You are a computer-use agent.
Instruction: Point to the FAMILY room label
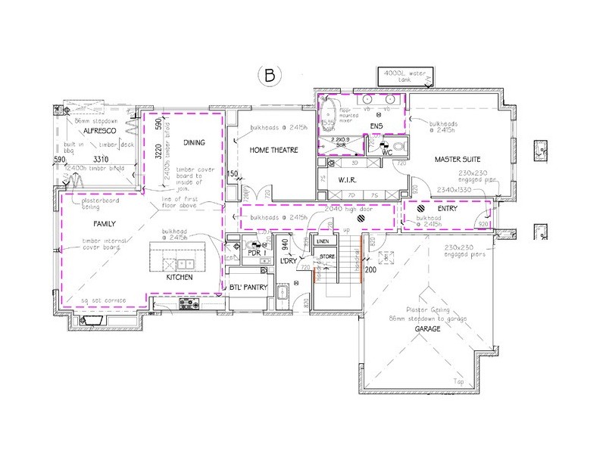point(105,225)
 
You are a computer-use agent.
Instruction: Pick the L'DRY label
point(288,261)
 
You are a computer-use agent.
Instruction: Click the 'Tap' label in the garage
point(457,381)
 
